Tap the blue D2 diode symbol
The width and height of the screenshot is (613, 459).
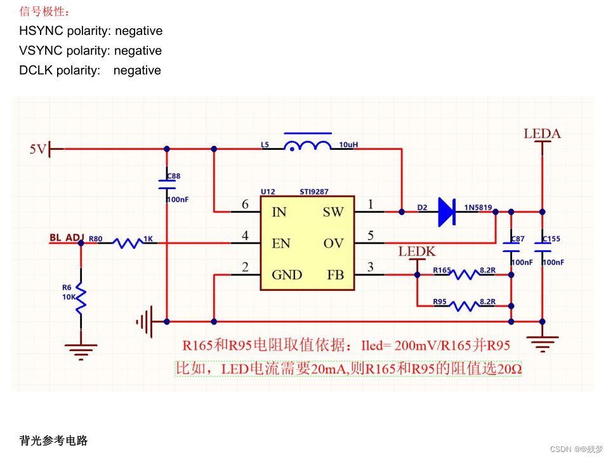(x=447, y=212)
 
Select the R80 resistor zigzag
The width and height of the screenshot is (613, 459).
(x=128, y=243)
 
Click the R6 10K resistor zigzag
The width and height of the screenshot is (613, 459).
(x=81, y=298)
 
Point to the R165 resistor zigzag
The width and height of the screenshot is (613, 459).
(x=464, y=274)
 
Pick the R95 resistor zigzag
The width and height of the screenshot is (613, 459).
(x=464, y=306)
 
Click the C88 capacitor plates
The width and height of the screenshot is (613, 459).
(x=167, y=185)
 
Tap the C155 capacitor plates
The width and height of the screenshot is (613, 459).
(x=542, y=247)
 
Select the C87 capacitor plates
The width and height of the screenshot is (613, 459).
(x=511, y=247)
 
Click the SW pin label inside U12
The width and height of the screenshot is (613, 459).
(x=333, y=212)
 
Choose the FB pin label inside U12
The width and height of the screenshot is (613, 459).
(x=336, y=275)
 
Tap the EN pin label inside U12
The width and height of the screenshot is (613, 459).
(x=280, y=244)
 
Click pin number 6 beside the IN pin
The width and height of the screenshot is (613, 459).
(x=245, y=204)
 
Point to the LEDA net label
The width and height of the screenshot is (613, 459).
(x=542, y=134)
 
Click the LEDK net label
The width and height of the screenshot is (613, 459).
(x=417, y=251)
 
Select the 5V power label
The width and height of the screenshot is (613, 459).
(x=38, y=149)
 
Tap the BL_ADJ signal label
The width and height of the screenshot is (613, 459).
(x=67, y=237)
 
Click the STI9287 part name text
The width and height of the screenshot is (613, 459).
(x=314, y=192)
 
